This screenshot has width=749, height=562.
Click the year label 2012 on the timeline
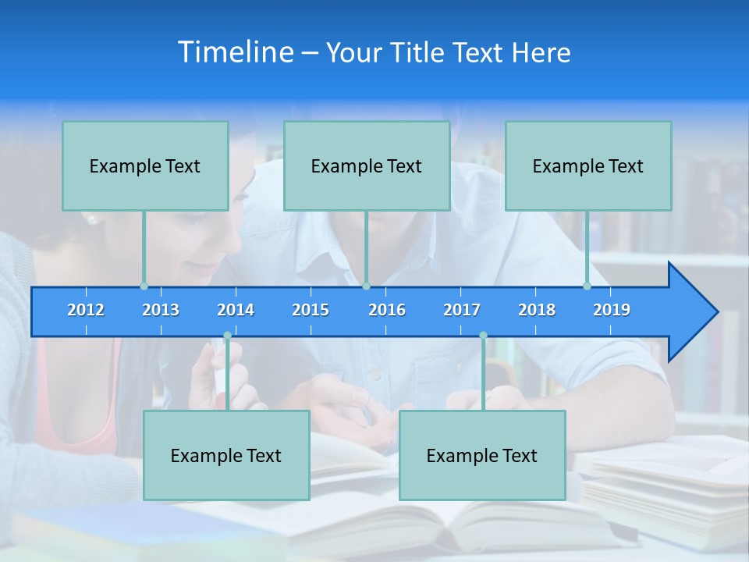coord(86,310)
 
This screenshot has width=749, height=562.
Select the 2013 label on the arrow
coord(161,310)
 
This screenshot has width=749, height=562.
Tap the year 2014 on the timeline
coord(236,310)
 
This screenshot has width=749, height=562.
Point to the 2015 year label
coord(311,310)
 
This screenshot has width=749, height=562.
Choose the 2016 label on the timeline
coord(387,310)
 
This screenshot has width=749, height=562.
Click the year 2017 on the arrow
coord(462,310)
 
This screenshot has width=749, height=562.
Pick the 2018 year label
coord(537,310)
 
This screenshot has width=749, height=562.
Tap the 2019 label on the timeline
coord(612,310)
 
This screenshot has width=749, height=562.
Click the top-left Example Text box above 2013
coord(145,165)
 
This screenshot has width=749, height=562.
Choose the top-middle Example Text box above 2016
coord(367,165)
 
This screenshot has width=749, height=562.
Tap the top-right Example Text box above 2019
coord(588,165)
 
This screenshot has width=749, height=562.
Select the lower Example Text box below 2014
coord(226,455)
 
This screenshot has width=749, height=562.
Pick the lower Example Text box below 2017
coord(482,455)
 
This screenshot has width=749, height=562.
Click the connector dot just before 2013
coord(144,286)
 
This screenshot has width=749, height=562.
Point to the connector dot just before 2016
coord(366,286)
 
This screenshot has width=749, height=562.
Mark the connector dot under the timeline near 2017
coord(483,336)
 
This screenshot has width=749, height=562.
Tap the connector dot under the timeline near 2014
coord(227,336)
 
